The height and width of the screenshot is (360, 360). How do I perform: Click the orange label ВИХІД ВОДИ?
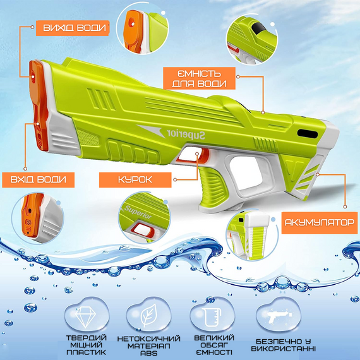coord(73,28)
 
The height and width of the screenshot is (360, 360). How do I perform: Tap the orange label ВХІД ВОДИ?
coord(39,180)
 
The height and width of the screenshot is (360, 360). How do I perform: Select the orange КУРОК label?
coord(135,180)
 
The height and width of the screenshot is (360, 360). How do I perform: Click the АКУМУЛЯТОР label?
coord(320,223)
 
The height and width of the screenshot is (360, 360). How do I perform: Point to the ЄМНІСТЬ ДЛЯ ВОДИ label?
coord(200,78)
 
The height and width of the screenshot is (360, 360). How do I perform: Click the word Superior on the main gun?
coord(186,135)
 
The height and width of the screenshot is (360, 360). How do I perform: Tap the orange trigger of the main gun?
coord(204,155)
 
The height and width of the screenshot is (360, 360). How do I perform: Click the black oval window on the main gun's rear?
coord(308,134)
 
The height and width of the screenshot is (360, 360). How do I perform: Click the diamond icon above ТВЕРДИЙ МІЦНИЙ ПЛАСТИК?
coord(85,317)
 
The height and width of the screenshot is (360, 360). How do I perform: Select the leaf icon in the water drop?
coord(149,315)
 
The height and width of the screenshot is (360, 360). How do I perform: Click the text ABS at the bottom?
coord(149,353)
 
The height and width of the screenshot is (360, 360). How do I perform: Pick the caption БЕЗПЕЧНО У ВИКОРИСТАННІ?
coord(284,345)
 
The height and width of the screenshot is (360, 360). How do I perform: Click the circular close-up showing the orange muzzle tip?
coord(142,28)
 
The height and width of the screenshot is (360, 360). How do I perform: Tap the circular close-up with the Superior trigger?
coord(145,218)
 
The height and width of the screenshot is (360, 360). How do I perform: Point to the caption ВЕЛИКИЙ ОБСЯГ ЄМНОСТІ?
coord(214,345)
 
